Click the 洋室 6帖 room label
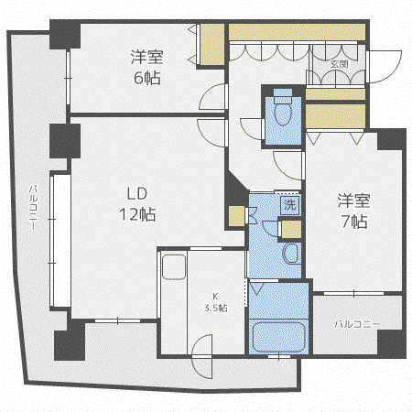point(147,67)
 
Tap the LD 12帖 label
point(137,204)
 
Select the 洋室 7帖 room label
point(354,211)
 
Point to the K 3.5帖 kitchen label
point(216,302)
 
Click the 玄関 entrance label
point(340,64)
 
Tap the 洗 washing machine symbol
point(290,204)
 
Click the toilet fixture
point(283,107)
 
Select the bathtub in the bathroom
point(279,336)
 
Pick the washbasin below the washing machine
point(291,254)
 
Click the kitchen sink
point(174,267)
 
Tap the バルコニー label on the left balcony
point(33,207)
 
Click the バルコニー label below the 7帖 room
point(357,324)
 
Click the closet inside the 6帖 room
point(211,45)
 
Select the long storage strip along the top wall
point(297,32)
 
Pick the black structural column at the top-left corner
point(65,34)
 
